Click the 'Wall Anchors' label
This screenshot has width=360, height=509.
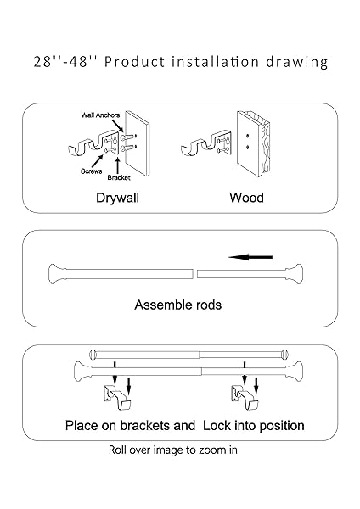pos(100,115)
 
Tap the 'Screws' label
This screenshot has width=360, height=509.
pos(92,171)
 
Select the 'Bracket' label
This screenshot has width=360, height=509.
pos(119,177)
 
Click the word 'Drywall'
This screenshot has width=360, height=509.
pos(118,198)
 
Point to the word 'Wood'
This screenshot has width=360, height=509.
pos(246,198)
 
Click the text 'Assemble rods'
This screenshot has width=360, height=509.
pos(177,305)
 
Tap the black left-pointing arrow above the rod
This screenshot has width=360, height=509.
pos(250,257)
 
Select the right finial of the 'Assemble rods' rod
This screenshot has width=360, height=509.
pos(295,274)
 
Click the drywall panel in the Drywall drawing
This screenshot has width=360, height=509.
pos(138,143)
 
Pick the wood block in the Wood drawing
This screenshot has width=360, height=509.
pos(253,143)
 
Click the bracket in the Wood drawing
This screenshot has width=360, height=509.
pos(206,144)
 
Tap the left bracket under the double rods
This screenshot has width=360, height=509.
pos(117,397)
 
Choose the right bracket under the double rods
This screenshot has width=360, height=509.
pos(245,397)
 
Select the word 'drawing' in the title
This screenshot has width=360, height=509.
pos(296,62)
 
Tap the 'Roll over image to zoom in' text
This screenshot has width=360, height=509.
pos(173,450)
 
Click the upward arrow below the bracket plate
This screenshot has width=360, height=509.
pos(118,165)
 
